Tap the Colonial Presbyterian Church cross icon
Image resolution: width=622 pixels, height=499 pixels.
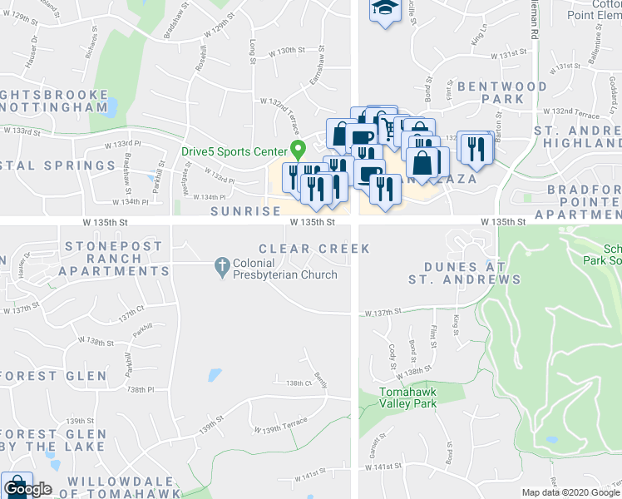click(222, 267)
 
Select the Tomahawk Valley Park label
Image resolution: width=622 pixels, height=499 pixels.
click(407, 398)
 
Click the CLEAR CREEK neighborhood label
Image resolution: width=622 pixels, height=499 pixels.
click(313, 249)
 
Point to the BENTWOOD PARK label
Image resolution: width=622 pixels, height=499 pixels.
click(501, 92)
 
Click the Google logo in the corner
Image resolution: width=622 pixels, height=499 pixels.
click(27, 489)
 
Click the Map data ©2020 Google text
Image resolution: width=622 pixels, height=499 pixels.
click(570, 492)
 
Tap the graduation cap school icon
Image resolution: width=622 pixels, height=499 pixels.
click(383, 10)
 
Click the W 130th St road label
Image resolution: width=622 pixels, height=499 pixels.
click(292, 52)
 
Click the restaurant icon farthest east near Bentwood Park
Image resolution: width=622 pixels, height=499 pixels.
click(476, 148)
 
